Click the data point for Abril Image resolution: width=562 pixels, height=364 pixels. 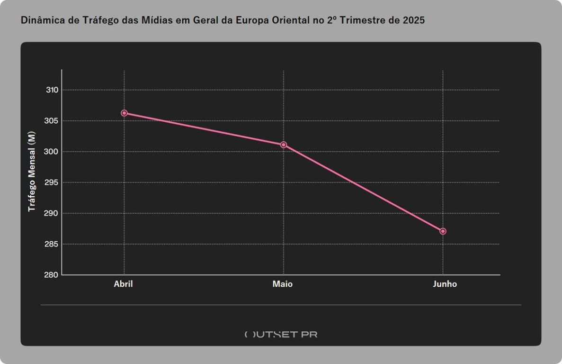[x=124, y=113]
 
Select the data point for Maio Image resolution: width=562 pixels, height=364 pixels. [x=283, y=145]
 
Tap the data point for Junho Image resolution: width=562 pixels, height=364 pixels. [x=443, y=231]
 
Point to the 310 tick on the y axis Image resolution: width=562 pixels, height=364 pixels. [x=52, y=90]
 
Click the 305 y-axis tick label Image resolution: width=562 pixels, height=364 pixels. [x=52, y=121]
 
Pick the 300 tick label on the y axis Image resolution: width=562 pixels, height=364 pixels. [x=52, y=152]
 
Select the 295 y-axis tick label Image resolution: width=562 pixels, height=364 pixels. [x=52, y=182]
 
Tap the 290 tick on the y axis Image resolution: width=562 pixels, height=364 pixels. [x=52, y=213]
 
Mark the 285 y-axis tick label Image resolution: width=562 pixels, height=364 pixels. [x=52, y=244]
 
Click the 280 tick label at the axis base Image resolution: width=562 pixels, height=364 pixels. [x=52, y=275]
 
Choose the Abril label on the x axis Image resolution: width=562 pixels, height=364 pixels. [x=123, y=284]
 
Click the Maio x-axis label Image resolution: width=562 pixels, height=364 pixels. [x=283, y=284]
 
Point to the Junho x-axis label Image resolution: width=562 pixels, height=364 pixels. [x=445, y=284]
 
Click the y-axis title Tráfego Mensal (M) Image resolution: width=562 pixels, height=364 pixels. [x=32, y=171]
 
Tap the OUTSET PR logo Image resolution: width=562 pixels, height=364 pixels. [x=281, y=334]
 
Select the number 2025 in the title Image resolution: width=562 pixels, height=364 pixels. [x=414, y=21]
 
